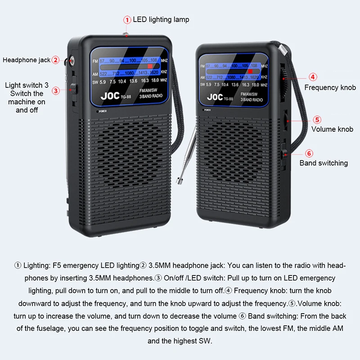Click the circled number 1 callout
coord(127,19)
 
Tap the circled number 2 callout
coord(55,60)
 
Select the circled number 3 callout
coord(56,90)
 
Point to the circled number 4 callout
coord(313,77)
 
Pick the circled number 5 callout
coord(317,120)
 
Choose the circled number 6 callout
coord(309,153)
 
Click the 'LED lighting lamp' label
coord(161,19)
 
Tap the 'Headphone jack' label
coord(26,60)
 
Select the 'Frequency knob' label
coord(330,87)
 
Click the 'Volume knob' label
coord(332,129)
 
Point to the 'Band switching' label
coord(324,163)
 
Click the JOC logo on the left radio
coord(110,96)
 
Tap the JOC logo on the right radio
coord(215,97)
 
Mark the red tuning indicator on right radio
coord(250,71)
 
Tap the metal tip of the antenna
coord(180,180)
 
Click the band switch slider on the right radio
coord(284,151)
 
